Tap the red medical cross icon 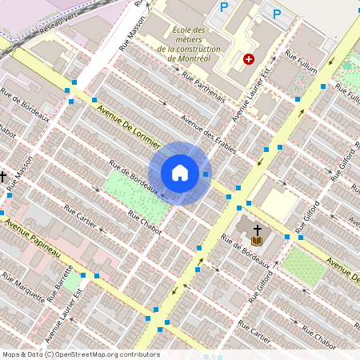point(249,59)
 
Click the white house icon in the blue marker point(180,173)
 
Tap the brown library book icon point(257,240)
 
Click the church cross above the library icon point(257,230)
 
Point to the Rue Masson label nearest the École point(134,34)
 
